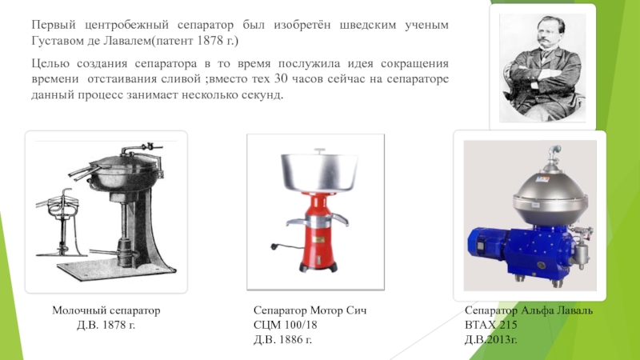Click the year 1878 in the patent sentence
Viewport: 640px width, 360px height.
click(210, 41)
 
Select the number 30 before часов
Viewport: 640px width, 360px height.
click(282, 78)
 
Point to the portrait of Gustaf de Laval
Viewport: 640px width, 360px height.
click(542, 67)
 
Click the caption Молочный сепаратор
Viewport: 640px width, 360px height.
click(106, 310)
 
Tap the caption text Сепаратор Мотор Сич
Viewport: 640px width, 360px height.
click(310, 310)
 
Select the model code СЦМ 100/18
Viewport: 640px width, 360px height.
click(286, 325)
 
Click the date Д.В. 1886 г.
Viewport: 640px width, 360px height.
click(282, 339)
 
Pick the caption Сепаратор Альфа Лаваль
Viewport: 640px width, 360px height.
click(529, 310)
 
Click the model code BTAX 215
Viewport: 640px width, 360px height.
click(490, 325)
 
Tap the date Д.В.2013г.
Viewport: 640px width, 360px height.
click(490, 339)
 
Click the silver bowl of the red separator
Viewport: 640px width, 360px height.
click(319, 171)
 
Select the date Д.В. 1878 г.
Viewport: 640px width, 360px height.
click(106, 325)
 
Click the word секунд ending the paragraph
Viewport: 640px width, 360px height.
click(266, 94)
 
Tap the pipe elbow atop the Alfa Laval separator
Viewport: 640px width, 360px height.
click(554, 152)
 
